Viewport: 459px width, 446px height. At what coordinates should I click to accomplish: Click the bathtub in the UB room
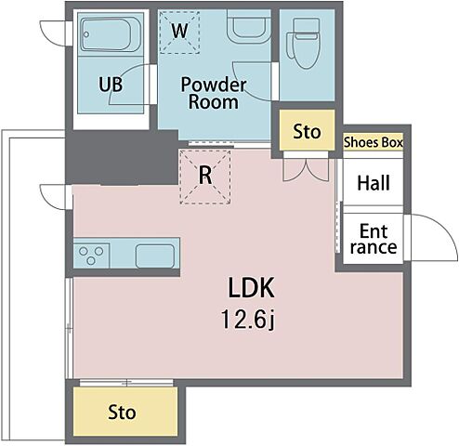(107, 34)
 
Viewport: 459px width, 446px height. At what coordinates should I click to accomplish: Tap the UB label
(111, 85)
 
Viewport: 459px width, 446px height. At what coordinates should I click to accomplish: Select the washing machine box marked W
(179, 32)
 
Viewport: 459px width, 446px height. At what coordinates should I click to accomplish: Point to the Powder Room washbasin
(249, 26)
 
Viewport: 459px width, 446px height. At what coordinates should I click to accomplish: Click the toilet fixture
(304, 44)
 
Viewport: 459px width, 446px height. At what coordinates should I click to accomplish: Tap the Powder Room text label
(214, 93)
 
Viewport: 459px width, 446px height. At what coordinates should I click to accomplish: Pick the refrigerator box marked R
(205, 177)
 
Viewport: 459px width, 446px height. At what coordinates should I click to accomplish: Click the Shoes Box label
(374, 142)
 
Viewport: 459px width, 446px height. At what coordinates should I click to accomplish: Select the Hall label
(374, 183)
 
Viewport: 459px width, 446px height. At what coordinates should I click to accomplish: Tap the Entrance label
(374, 239)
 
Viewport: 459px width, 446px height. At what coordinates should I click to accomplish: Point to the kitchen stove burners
(91, 256)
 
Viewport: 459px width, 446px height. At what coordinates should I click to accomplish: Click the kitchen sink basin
(155, 256)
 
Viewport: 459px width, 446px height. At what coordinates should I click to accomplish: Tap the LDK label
(251, 288)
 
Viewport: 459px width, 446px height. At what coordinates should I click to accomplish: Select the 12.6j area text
(248, 320)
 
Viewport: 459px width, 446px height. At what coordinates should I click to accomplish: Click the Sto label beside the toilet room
(307, 132)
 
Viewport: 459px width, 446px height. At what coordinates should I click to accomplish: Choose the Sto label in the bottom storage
(122, 413)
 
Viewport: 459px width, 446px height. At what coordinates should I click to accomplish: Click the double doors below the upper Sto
(306, 170)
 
